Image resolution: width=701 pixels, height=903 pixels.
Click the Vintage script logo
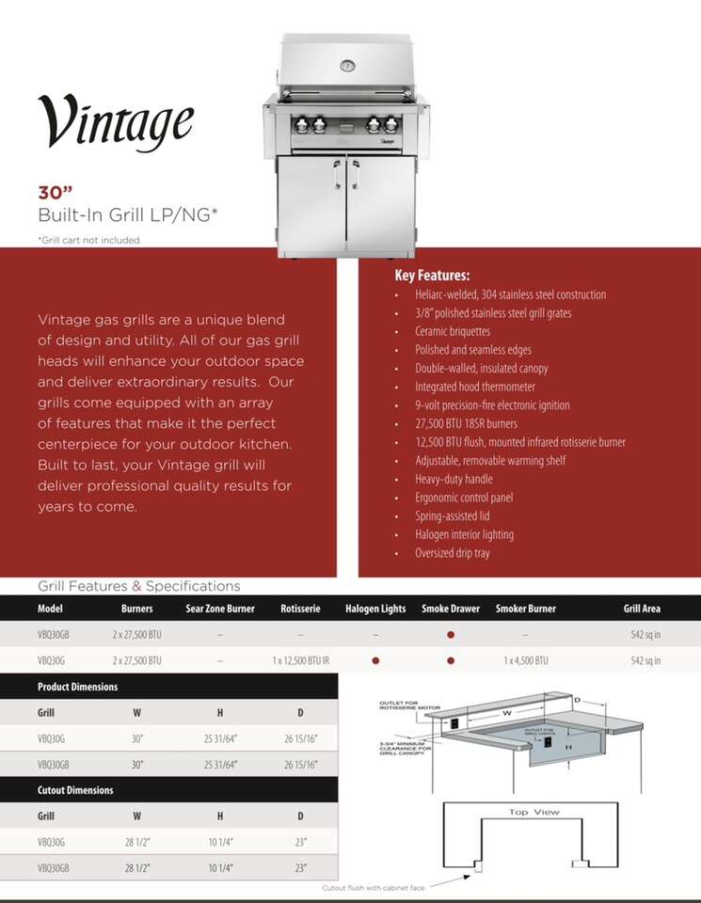coord(116,121)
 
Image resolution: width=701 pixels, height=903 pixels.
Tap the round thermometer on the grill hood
coord(347,66)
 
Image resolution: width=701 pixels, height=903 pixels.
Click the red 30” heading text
coord(56,192)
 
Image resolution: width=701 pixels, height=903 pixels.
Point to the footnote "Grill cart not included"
coord(88,240)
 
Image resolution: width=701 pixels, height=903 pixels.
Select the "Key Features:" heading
coord(432,276)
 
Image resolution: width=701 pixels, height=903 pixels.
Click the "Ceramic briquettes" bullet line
coord(453,331)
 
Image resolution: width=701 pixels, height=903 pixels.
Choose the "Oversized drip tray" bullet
coord(453,553)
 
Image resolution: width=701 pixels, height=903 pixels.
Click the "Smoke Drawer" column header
coord(451,609)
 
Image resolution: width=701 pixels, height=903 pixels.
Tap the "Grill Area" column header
coord(642,609)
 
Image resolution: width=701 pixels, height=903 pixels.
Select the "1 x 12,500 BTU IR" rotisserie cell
coord(301,660)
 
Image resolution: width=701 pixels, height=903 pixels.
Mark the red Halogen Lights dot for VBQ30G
coord(375,660)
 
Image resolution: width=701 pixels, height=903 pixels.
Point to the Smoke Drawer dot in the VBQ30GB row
coord(451,635)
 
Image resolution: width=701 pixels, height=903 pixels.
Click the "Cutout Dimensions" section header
coord(75,790)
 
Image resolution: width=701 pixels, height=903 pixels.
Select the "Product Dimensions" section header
coord(77,687)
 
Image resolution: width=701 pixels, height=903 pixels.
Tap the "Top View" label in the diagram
coord(534,812)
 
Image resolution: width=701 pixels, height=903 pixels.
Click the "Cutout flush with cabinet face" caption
coord(373,887)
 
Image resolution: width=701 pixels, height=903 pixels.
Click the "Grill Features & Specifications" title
coord(138,586)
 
